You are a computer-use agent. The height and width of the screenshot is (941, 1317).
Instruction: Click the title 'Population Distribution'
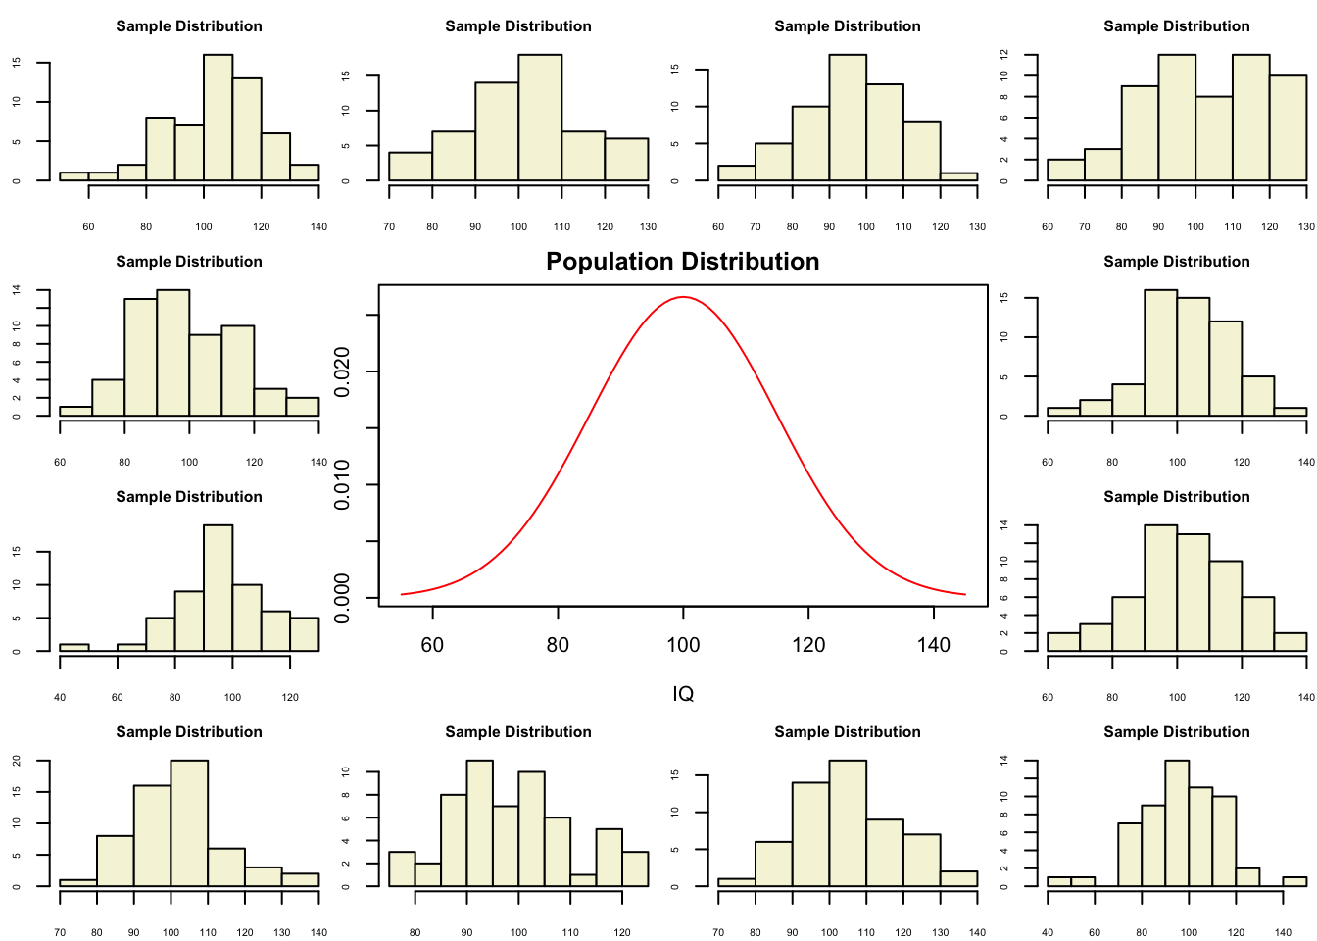point(682,262)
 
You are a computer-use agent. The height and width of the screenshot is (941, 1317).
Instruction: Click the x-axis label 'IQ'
point(683,694)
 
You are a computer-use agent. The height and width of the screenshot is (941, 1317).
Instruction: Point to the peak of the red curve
point(683,297)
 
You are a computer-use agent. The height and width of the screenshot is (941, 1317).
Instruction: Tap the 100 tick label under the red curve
point(683,645)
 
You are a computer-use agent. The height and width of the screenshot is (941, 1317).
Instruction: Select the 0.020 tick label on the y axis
point(342,372)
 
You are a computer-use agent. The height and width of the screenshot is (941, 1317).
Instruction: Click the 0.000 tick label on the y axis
point(342,598)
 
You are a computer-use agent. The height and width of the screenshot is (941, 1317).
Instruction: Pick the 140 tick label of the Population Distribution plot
point(934,645)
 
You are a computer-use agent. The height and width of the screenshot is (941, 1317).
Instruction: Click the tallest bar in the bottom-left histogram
point(189,823)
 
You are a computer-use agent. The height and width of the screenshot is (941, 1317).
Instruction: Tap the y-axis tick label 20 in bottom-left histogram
point(16,761)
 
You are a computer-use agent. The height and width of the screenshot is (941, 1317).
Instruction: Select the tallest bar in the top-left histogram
point(218,118)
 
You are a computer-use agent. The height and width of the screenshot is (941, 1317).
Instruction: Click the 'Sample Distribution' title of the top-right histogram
point(1176,26)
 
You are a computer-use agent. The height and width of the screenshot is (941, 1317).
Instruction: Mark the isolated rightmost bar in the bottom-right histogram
point(1294,881)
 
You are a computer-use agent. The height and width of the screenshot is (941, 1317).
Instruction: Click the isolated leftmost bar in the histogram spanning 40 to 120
point(73,647)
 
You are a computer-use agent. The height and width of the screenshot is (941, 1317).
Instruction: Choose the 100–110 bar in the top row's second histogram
point(540,118)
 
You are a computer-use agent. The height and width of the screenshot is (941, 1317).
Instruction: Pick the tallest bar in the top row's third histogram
point(848,118)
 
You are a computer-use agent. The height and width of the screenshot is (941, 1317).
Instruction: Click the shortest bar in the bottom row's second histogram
point(583,880)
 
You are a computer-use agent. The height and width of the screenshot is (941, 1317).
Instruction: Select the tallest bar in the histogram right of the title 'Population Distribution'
point(1160,353)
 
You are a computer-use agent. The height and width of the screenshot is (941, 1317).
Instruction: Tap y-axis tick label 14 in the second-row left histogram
point(16,290)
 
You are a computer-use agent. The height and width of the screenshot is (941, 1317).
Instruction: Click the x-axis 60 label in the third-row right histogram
point(1048,698)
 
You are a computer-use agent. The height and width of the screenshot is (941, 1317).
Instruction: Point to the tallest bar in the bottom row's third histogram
point(848,823)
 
